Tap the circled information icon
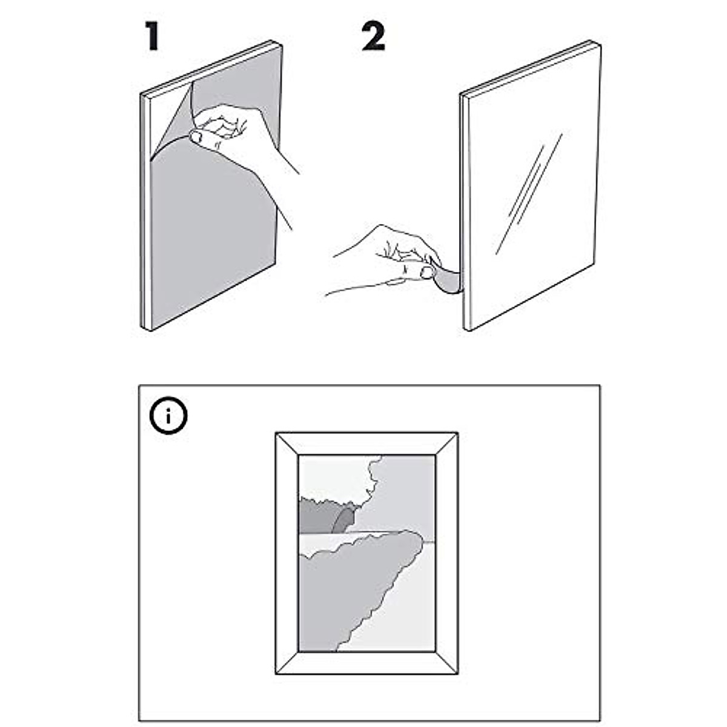click(x=168, y=416)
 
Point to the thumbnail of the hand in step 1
click(x=196, y=138)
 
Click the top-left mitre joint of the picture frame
click(x=287, y=443)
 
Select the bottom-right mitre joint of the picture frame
click(x=446, y=662)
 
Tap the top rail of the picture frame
click(x=367, y=443)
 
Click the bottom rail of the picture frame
click(x=367, y=663)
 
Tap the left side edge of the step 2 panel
click(x=466, y=212)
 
